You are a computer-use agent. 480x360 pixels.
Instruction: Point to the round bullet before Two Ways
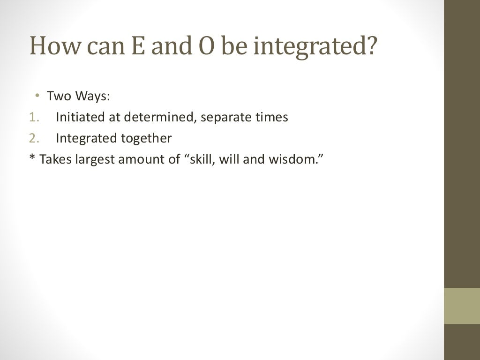coord(36,97)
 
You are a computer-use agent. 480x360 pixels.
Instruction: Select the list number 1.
coord(32,117)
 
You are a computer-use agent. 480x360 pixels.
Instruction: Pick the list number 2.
coord(33,138)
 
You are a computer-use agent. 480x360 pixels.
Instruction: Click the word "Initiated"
coord(81,117)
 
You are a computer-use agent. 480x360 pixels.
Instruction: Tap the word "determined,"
coord(159,117)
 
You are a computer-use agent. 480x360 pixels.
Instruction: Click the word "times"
coord(271,117)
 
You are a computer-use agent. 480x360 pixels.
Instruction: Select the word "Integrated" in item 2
coord(86,138)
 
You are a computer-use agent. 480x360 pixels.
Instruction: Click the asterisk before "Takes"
coord(32,158)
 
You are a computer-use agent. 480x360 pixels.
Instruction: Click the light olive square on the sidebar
coord(462,306)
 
